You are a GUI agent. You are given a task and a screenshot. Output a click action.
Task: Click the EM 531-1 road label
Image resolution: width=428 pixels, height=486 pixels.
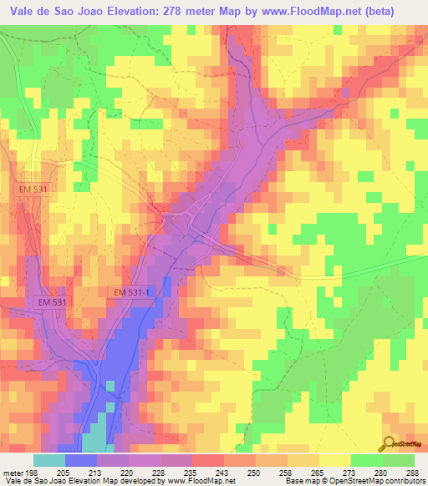pos(134,291)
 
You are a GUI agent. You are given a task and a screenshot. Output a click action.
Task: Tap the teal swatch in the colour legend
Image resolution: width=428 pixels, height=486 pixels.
pos(48,461)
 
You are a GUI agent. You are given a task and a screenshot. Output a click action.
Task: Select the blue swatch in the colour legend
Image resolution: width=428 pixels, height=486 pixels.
pos(81,461)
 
